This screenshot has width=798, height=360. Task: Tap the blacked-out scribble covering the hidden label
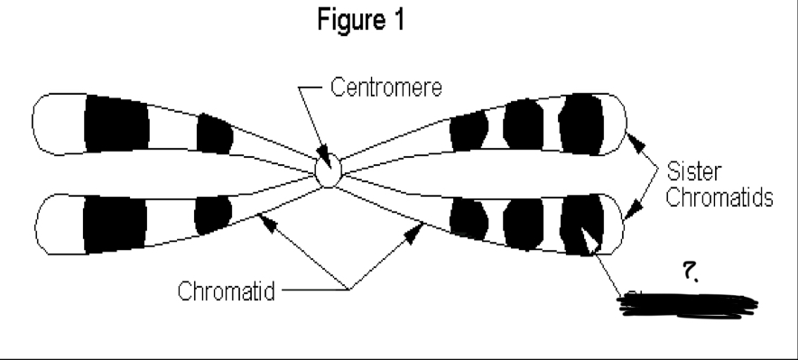tap(686, 303)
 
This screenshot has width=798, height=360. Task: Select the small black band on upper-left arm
tap(214, 134)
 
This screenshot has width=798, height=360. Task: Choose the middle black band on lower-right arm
tap(523, 219)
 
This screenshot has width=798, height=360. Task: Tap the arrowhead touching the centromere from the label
tap(323, 159)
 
